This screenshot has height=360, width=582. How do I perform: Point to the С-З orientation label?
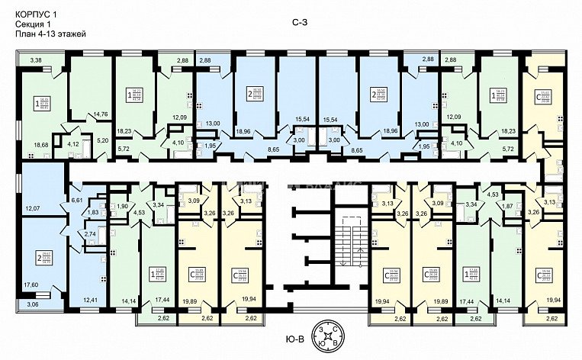click(300, 24)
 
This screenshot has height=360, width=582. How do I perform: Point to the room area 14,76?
click(101, 115)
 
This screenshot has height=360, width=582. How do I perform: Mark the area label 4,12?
click(74, 142)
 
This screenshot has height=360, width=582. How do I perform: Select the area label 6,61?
click(76, 199)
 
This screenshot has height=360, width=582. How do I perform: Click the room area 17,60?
click(31, 285)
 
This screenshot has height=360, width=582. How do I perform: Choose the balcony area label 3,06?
click(31, 304)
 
